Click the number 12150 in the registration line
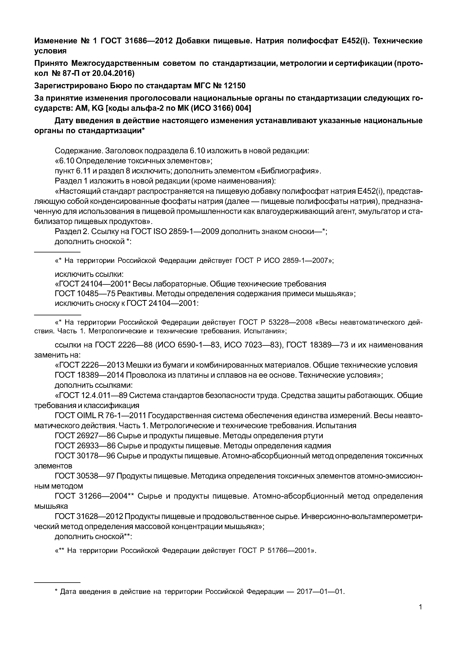pos(232,86)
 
